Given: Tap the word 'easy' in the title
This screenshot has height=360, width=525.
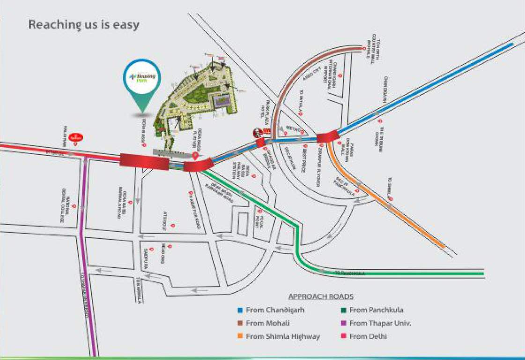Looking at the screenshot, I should point(126,24).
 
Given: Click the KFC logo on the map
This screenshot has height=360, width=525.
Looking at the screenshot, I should point(257,133).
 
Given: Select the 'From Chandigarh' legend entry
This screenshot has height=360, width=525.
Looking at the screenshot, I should point(266,310).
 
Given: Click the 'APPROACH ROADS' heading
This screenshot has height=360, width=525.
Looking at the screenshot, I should point(321,297).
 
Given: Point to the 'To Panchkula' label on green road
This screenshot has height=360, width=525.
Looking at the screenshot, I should point(349,272).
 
